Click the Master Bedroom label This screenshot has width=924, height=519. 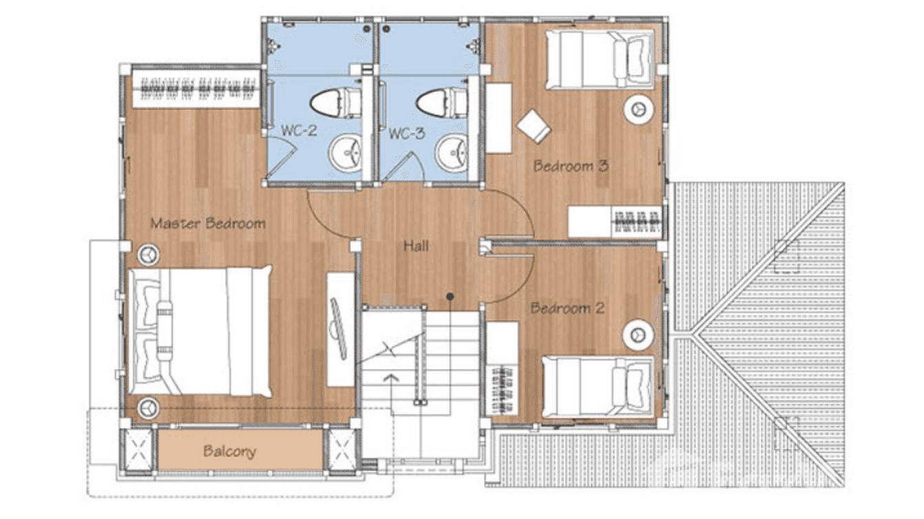(x=208, y=223)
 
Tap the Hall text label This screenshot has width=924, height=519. (x=416, y=245)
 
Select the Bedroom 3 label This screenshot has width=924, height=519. (x=571, y=166)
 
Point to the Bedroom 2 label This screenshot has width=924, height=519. (x=567, y=308)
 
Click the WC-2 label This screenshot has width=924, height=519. (x=299, y=131)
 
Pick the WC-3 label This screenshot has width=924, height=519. (x=406, y=133)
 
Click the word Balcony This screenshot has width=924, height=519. (x=229, y=452)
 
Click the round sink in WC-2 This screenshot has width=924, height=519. (x=344, y=152)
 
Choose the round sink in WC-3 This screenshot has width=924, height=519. (x=452, y=152)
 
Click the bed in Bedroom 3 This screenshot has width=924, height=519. (x=599, y=60)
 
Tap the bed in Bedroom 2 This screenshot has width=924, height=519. (x=597, y=387)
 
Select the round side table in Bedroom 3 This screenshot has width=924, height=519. (x=639, y=109)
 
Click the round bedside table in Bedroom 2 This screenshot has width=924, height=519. (x=638, y=335)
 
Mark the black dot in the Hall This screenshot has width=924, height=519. (x=450, y=297)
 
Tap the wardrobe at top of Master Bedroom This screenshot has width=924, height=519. (x=195, y=87)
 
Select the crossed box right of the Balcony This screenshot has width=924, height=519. (x=341, y=450)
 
